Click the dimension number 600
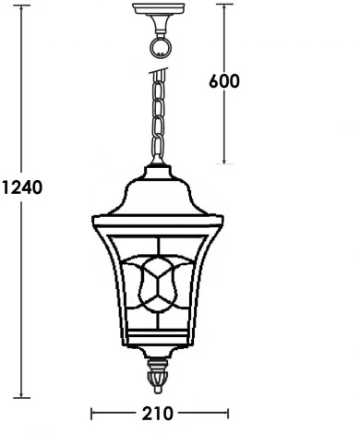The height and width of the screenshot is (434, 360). point(225,81)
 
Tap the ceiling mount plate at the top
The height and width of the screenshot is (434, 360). point(160,12)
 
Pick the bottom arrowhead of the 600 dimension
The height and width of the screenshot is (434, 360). point(225,162)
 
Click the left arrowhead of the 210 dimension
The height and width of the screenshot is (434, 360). point(95,411)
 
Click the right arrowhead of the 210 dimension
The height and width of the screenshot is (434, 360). point(223,411)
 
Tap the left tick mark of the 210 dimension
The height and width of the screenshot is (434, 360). point(91,411)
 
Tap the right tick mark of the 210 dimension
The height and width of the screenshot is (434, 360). point(227,411)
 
